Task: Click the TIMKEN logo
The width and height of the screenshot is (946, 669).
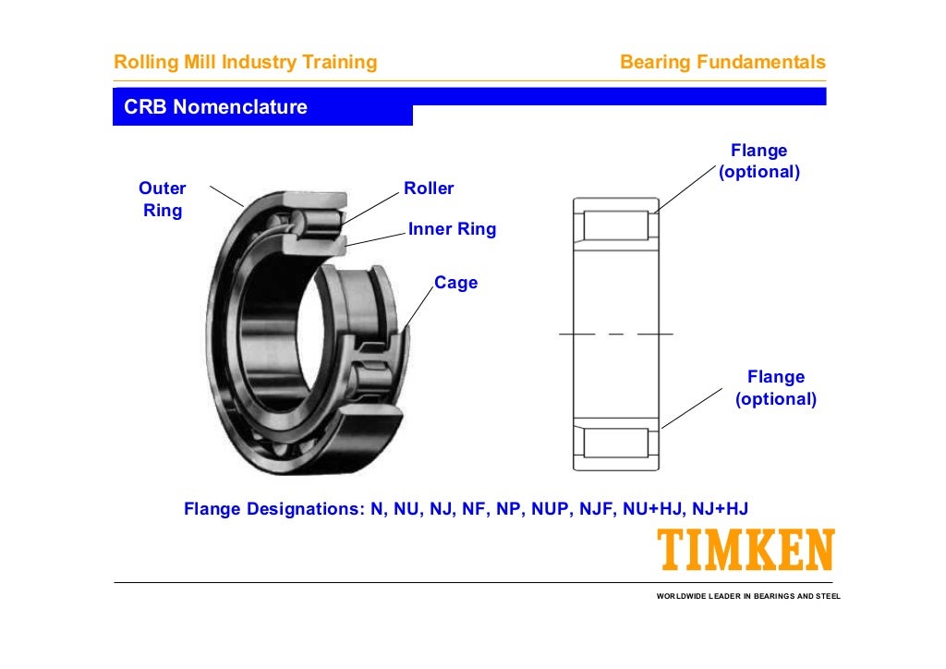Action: click(x=746, y=550)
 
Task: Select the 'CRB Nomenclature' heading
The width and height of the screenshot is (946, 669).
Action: click(x=215, y=107)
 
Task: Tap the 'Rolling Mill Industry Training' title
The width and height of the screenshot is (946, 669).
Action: click(x=245, y=63)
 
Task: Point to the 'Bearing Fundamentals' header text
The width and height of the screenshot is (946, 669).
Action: click(x=722, y=63)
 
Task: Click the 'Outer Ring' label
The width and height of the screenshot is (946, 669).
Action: click(x=163, y=200)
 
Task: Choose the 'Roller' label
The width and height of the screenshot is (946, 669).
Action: click(x=429, y=189)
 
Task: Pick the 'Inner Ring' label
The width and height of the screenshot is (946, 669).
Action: click(x=452, y=230)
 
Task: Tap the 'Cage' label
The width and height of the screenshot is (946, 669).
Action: click(x=455, y=283)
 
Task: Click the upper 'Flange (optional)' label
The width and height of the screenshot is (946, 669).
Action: click(x=758, y=162)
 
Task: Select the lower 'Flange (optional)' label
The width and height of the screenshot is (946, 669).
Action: click(x=776, y=388)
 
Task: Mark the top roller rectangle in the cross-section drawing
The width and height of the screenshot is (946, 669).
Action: click(x=616, y=226)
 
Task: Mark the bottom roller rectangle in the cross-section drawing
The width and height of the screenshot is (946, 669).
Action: click(x=616, y=442)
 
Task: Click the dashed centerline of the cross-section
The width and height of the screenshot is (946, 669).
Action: click(x=616, y=333)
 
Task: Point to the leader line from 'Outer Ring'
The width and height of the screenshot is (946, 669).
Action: click(x=226, y=195)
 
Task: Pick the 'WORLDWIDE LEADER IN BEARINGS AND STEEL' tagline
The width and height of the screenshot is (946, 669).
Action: click(x=748, y=596)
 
